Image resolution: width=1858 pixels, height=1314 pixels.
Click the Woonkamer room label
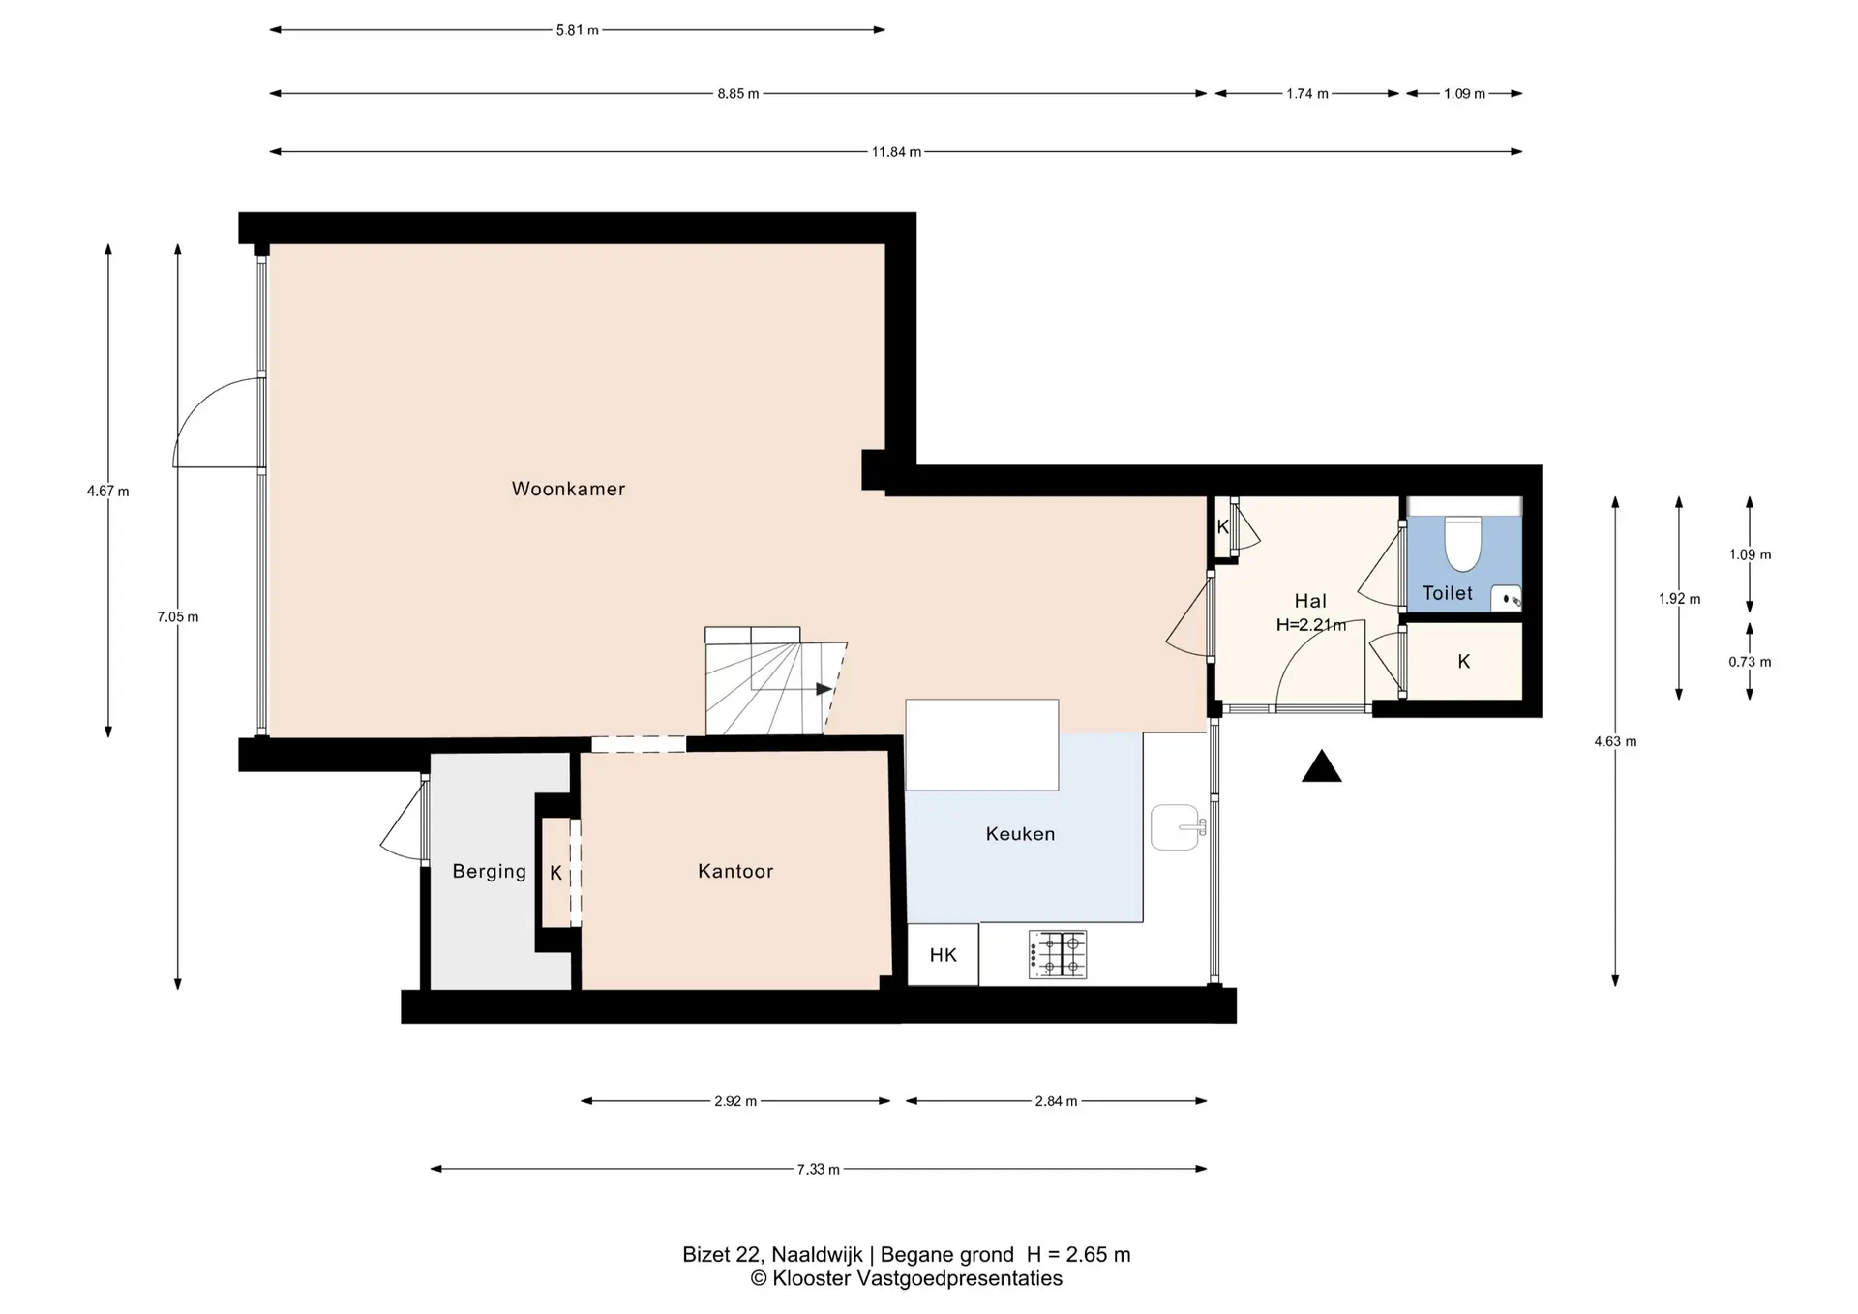pyautogui.click(x=568, y=489)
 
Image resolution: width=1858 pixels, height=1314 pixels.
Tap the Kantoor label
pyautogui.click(x=735, y=871)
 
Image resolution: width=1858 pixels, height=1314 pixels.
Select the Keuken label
pyautogui.click(x=1020, y=833)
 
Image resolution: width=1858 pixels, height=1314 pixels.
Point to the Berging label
pyautogui.click(x=489, y=871)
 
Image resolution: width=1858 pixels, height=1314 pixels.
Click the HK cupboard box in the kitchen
pyautogui.click(x=943, y=955)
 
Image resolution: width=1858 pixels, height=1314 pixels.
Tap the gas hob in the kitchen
pyautogui.click(x=1058, y=954)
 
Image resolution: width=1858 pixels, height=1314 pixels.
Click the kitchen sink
pyautogui.click(x=1178, y=827)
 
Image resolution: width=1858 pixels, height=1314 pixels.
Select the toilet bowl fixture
pyautogui.click(x=1462, y=543)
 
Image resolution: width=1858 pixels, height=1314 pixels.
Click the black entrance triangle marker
pyautogui.click(x=1321, y=766)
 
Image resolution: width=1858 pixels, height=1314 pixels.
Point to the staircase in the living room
pyautogui.click(x=775, y=681)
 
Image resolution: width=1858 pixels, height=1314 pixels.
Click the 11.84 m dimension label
pyautogui.click(x=896, y=152)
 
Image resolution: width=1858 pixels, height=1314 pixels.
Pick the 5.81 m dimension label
pyautogui.click(x=577, y=30)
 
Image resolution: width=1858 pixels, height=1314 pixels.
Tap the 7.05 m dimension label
pyautogui.click(x=178, y=617)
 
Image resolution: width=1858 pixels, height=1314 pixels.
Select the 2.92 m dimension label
pyautogui.click(x=735, y=1101)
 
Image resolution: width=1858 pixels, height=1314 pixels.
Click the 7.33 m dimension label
pyautogui.click(x=819, y=1170)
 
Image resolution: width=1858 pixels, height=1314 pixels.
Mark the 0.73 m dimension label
pyautogui.click(x=1750, y=663)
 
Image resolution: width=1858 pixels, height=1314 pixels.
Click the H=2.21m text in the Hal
pyautogui.click(x=1311, y=625)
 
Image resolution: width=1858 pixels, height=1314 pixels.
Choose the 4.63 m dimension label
pyautogui.click(x=1615, y=742)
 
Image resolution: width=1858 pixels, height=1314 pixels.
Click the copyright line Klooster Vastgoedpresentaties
pyautogui.click(x=907, y=1279)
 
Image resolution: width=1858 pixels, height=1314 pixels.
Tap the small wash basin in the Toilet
pyautogui.click(x=1506, y=598)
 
